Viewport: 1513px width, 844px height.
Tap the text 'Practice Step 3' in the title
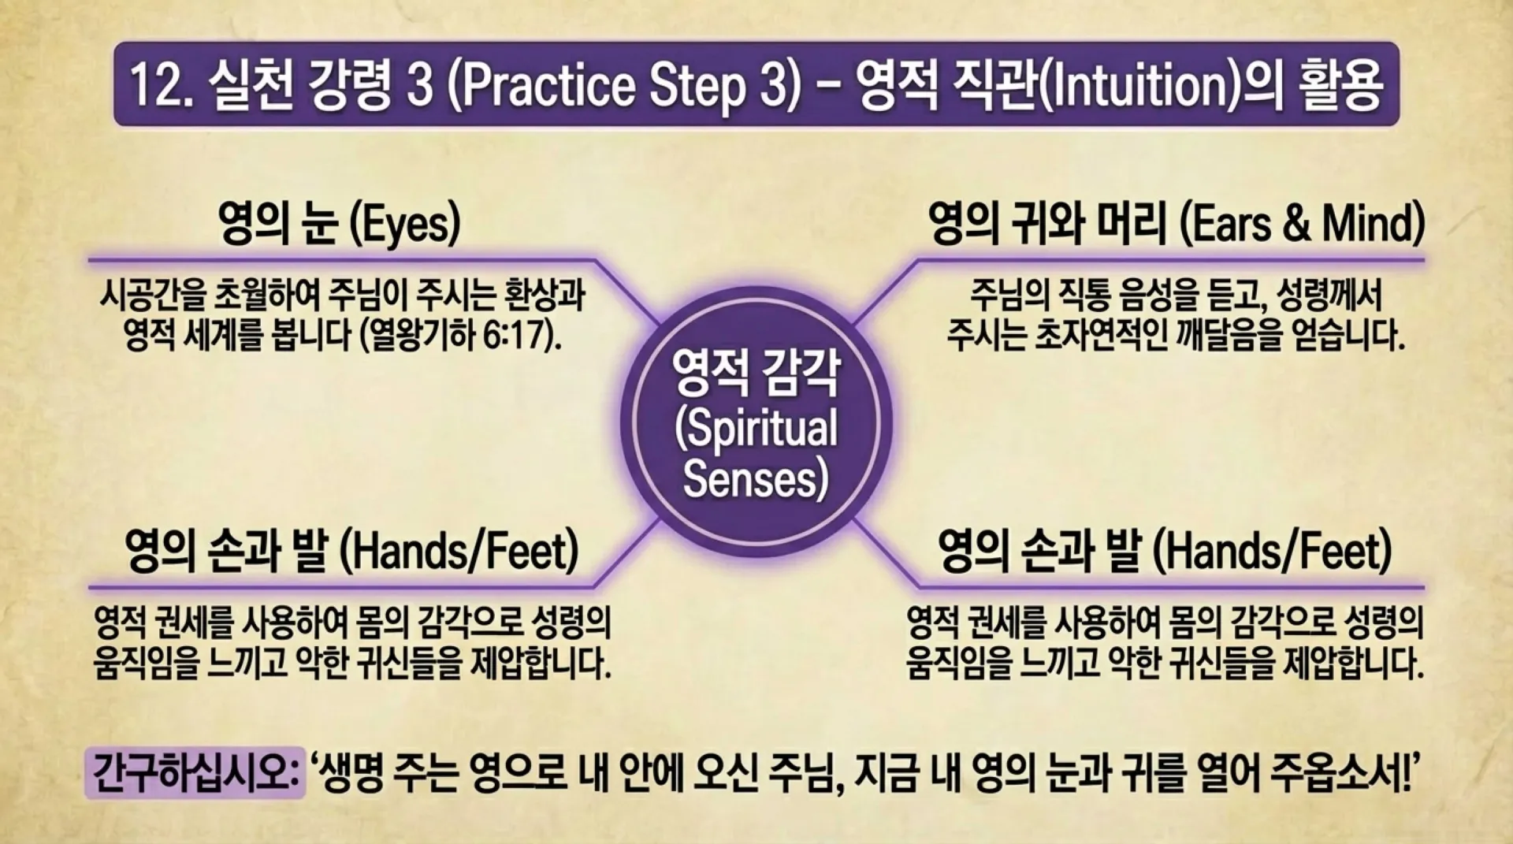(623, 85)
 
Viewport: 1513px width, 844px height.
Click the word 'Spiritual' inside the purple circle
(756, 428)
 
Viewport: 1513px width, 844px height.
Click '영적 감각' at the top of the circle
(756, 374)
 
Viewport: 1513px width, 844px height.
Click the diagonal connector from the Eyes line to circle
(626, 292)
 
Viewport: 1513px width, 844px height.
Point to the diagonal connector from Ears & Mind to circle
(887, 292)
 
